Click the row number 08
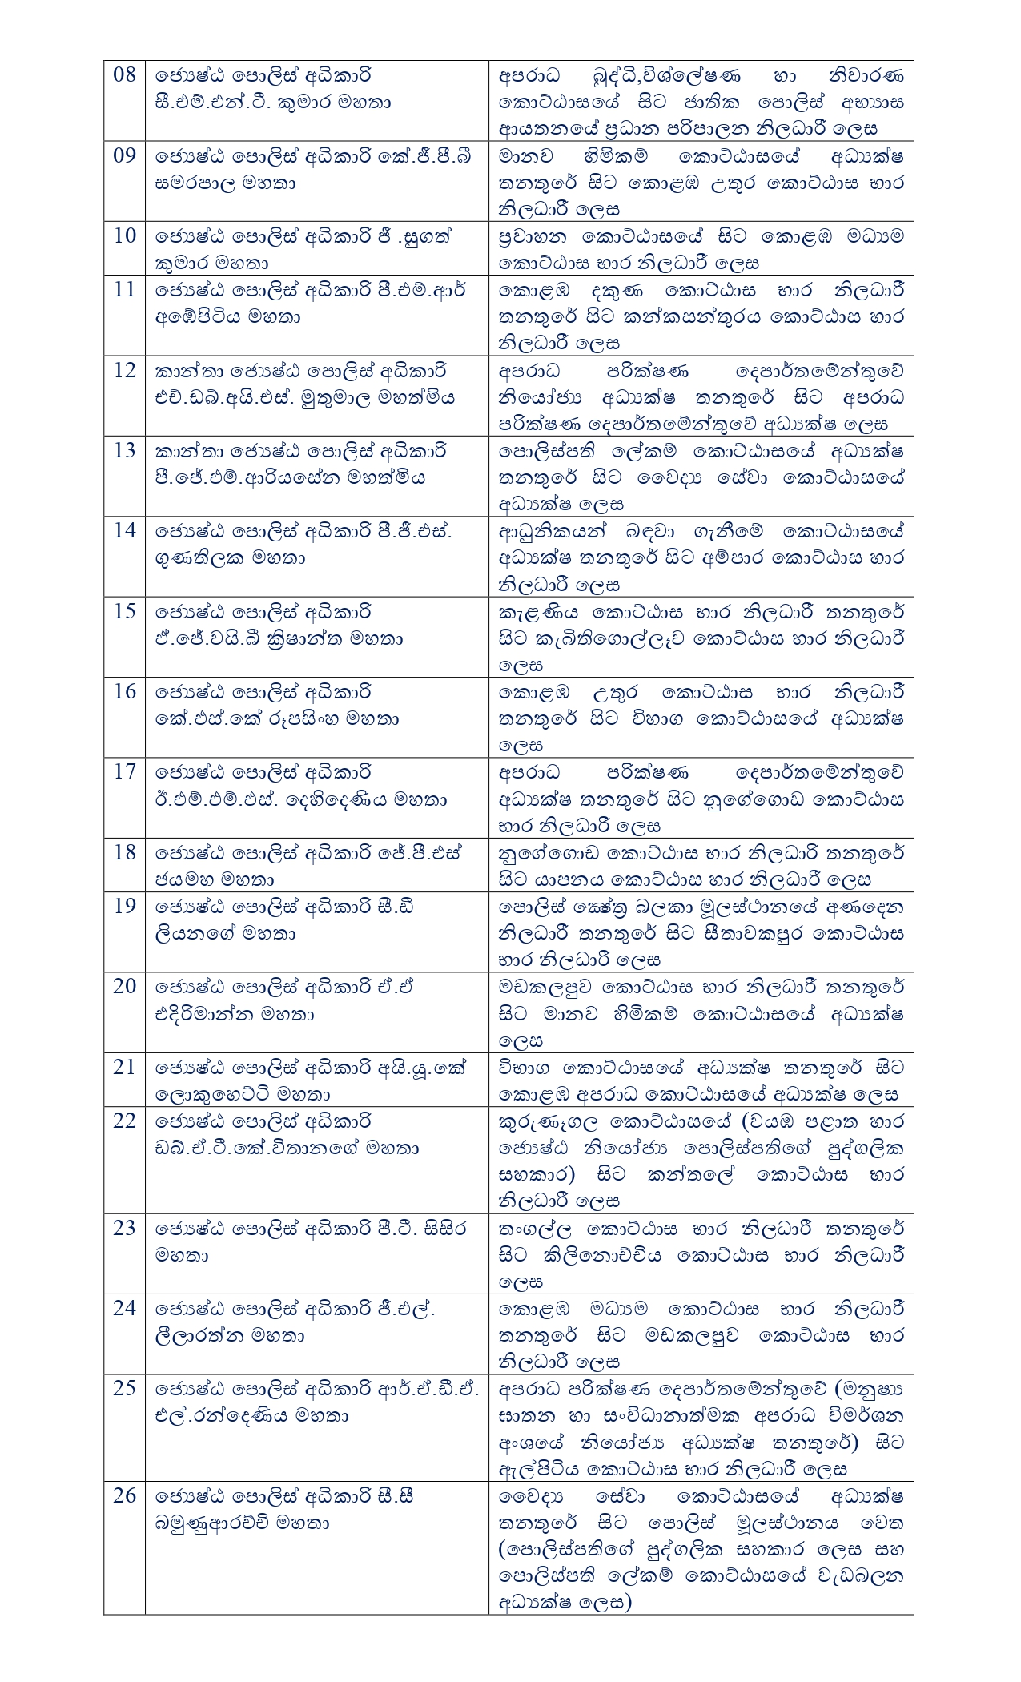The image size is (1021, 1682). (124, 75)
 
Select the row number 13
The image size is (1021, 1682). (124, 451)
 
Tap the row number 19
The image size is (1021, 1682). (124, 907)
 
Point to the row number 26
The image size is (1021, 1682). (124, 1495)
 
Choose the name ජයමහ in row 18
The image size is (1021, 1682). (179, 880)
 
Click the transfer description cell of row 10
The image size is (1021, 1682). (701, 249)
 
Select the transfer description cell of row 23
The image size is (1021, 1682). (701, 1253)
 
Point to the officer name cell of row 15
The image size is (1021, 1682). (316, 638)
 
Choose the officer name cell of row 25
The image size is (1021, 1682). (316, 1427)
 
